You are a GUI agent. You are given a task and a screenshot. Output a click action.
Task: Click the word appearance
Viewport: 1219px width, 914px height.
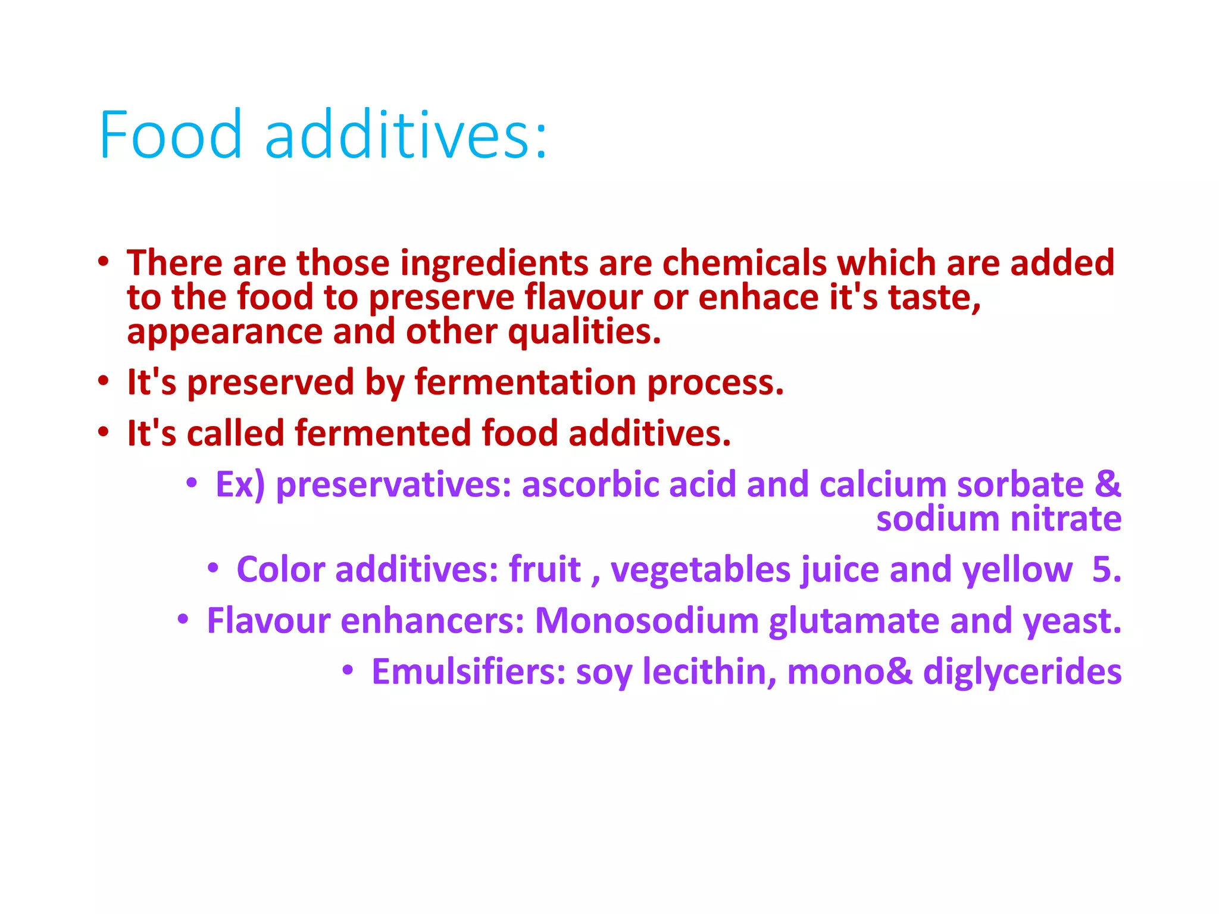coord(224,333)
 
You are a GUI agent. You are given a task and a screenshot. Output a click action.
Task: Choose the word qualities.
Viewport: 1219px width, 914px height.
coord(585,331)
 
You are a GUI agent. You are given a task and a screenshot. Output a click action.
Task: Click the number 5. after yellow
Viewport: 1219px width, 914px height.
coord(1107,569)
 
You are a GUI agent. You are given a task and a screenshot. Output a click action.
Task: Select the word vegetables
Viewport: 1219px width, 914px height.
coord(701,569)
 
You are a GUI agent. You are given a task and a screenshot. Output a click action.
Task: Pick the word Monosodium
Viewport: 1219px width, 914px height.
coord(646,621)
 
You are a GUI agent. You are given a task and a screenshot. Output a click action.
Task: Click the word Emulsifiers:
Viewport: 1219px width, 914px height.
coord(468,672)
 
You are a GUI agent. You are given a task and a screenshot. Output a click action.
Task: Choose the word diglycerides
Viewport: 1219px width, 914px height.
coord(1022,672)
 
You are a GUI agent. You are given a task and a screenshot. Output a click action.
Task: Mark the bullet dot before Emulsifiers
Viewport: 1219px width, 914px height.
coord(348,671)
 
